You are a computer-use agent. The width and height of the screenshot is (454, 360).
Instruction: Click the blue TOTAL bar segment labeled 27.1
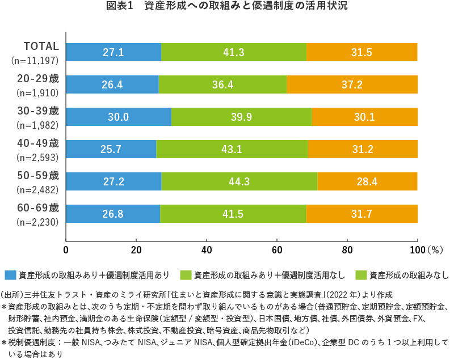pyautogui.click(x=113, y=52)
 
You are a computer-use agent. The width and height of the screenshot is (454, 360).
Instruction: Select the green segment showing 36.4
pyautogui.click(x=222, y=84)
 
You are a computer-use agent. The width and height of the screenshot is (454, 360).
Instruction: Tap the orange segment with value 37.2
pyautogui.click(x=352, y=84)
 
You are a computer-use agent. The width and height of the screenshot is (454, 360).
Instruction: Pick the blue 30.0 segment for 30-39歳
pyautogui.click(x=119, y=117)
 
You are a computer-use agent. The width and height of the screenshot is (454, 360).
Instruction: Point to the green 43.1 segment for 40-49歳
pyautogui.click(x=232, y=149)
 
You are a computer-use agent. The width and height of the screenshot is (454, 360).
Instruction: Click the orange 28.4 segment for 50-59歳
pyautogui.click(x=367, y=181)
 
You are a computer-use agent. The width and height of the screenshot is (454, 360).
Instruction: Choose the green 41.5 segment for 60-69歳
pyautogui.click(x=233, y=214)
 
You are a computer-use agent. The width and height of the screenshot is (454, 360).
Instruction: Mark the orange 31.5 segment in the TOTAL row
pyautogui.click(x=361, y=52)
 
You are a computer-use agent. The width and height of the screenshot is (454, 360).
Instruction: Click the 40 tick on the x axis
pyautogui.click(x=207, y=249)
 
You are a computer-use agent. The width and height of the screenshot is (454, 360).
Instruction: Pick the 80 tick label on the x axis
pyautogui.click(x=347, y=249)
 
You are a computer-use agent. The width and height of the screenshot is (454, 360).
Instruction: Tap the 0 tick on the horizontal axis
pyautogui.click(x=66, y=249)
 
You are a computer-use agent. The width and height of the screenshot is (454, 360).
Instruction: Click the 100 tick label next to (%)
pyautogui.click(x=416, y=249)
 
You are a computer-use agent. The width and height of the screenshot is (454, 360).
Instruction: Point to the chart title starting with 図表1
pyautogui.click(x=226, y=7)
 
